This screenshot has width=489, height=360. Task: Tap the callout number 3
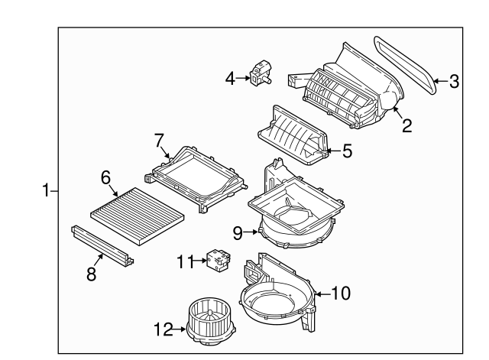click(x=454, y=81)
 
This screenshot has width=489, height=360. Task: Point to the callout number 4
click(x=229, y=76)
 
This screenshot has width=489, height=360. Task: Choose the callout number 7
click(x=159, y=140)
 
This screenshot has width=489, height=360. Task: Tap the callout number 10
click(x=341, y=292)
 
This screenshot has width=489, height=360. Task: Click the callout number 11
click(x=183, y=261)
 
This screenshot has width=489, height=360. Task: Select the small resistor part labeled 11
click(x=215, y=260)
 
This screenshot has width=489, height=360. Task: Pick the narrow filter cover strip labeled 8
click(x=103, y=245)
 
